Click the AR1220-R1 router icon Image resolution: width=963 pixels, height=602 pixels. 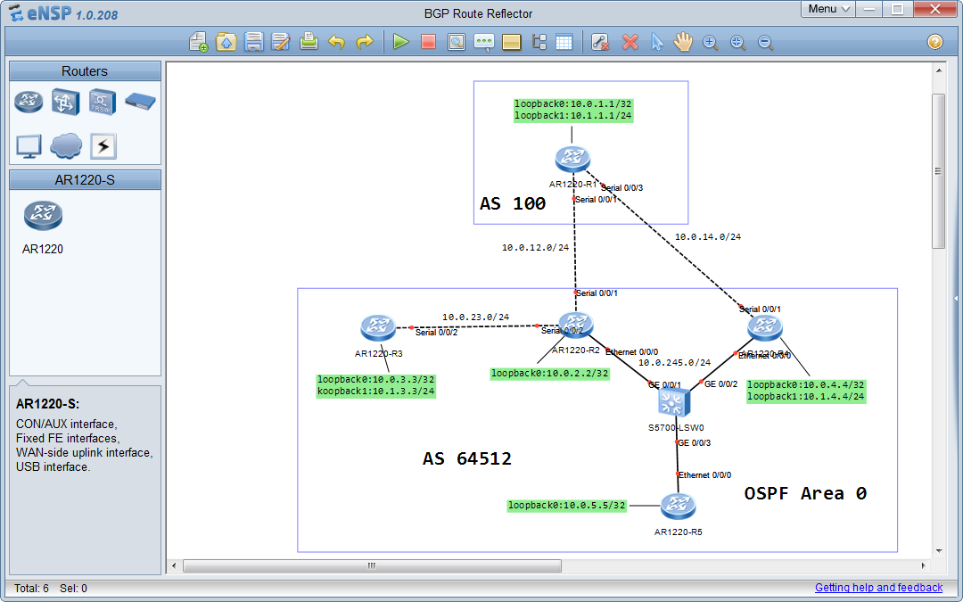572,160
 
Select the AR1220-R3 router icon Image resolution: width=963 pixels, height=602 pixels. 378,328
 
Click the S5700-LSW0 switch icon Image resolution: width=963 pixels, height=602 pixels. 675,404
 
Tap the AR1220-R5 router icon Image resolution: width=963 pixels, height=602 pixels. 678,507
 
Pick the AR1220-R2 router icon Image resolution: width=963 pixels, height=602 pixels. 575,326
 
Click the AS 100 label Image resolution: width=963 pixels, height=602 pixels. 513,204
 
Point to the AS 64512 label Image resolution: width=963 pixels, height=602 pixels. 466,459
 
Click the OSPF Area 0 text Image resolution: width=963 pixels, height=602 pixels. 805,493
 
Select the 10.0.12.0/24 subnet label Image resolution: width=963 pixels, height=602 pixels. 535,248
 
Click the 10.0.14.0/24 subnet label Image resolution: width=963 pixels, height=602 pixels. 707,237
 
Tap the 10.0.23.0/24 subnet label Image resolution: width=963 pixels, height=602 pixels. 475,317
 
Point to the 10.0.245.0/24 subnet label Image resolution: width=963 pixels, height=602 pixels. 674,363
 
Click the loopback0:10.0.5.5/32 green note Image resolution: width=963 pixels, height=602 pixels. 567,506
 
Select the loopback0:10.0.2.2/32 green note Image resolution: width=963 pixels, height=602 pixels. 550,374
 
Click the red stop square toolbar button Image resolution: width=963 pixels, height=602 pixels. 428,42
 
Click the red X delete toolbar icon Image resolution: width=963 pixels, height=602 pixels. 630,42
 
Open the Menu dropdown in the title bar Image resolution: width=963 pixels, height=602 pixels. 828,9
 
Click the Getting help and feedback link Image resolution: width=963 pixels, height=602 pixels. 878,588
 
